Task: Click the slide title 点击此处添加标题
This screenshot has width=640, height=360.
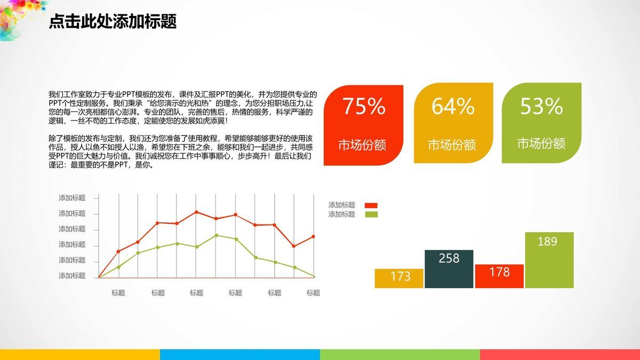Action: (113, 22)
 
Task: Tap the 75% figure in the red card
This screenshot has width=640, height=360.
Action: (363, 107)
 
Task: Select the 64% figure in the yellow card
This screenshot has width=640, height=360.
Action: (453, 107)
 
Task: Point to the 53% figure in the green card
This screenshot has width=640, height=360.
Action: (541, 107)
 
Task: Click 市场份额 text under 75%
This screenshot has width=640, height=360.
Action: (362, 145)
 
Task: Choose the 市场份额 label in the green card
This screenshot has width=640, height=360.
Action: (541, 143)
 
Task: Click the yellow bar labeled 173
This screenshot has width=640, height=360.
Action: (399, 278)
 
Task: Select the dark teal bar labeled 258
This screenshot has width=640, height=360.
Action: (449, 269)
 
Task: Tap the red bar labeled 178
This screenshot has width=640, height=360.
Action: (499, 276)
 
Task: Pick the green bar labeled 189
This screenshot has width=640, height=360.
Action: (549, 260)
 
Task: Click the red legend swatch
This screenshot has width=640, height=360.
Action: (371, 205)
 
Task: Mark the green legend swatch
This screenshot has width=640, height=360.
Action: (371, 214)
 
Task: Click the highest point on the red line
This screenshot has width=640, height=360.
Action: (196, 212)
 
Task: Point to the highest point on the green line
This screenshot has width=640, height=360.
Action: (216, 235)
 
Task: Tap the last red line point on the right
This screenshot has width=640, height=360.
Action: (314, 236)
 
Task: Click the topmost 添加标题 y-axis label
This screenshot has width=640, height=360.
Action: (72, 198)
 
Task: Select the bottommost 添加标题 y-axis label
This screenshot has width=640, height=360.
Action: (72, 276)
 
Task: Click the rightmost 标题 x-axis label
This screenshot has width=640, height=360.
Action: (313, 293)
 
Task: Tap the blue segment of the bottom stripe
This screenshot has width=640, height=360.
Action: (240, 355)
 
